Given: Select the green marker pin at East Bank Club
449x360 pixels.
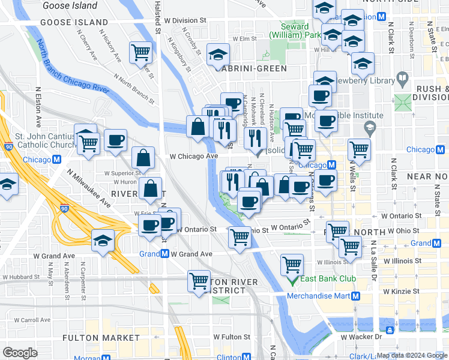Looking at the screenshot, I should point(293,280).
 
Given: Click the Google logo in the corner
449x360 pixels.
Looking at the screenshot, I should point(20,353).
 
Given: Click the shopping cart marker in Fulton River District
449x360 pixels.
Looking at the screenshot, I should point(199,280).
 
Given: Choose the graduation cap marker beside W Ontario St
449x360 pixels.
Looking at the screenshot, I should point(103,242).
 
